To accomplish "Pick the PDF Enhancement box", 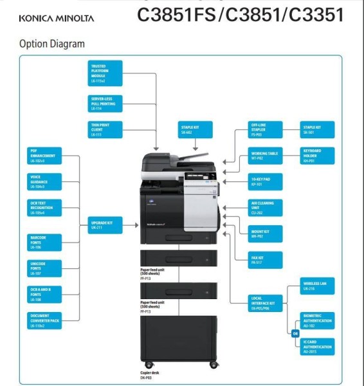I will click(44, 156).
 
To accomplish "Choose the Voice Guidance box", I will click(44, 182).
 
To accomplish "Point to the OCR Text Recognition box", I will click(44, 208).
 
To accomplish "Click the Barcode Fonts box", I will click(44, 242).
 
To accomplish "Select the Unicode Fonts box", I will click(44, 268).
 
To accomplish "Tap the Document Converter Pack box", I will click(44, 320).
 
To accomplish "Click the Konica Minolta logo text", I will click(57, 18).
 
